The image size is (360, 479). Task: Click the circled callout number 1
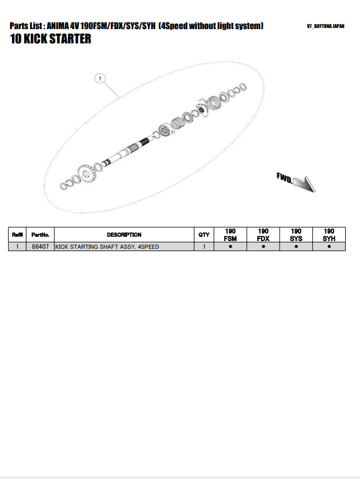pos(99,79)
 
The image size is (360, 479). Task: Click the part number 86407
pos(40,247)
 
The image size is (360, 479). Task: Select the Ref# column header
pos(18,235)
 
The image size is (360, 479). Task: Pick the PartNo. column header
pos(40,235)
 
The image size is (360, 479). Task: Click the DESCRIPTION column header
pos(124,235)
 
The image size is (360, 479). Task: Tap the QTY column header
pos(204,235)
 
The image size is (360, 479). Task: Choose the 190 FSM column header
pos(230,235)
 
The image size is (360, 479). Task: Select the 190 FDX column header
pos(263,235)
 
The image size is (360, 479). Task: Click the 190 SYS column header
pos(296,235)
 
